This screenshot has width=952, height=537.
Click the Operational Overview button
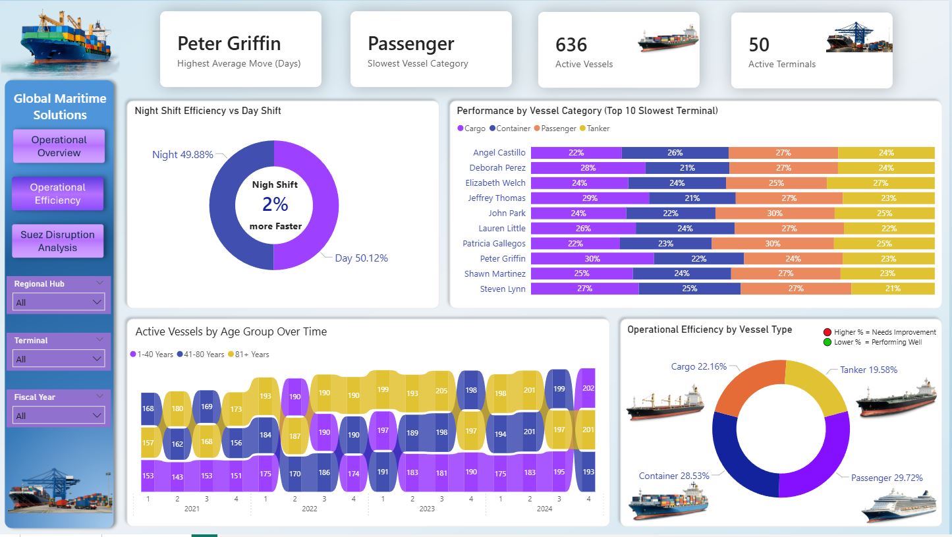[x=59, y=146]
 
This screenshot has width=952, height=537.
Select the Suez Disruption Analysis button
[x=57, y=240]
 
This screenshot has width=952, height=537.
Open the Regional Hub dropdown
[x=59, y=302]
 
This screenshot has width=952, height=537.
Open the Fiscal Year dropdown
[x=59, y=416]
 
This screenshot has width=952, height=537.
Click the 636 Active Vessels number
[x=571, y=45]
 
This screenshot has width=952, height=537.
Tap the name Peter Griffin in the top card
[x=229, y=43]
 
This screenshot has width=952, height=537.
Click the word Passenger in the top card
[x=411, y=43]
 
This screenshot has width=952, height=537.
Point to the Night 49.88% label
[x=182, y=155]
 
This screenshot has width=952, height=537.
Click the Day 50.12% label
[x=361, y=258]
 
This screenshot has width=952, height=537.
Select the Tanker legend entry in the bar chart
[x=598, y=128]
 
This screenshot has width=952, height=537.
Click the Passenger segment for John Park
[x=775, y=213]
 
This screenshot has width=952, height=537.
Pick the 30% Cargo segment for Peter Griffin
[x=592, y=259]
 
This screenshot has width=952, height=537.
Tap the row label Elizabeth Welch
[x=495, y=183]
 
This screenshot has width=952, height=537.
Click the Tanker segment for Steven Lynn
[x=893, y=289]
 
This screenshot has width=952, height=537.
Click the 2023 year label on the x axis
[x=427, y=509]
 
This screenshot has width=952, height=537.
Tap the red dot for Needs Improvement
[x=827, y=332]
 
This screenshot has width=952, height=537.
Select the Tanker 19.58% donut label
[x=868, y=370]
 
